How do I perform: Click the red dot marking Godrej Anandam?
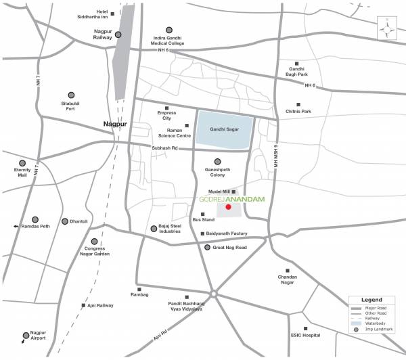(x=228, y=208)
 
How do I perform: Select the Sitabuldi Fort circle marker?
(x=70, y=95)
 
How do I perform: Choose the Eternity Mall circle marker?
(x=22, y=163)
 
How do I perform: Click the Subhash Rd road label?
(x=164, y=148)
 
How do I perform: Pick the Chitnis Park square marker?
(x=298, y=104)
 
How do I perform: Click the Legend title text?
(x=371, y=299)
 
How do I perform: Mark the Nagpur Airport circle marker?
(x=26, y=334)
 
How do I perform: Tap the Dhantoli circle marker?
(x=65, y=221)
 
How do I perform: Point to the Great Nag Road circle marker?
(x=207, y=248)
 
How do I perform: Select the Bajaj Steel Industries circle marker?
(x=153, y=229)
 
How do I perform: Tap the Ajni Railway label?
(x=100, y=306)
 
